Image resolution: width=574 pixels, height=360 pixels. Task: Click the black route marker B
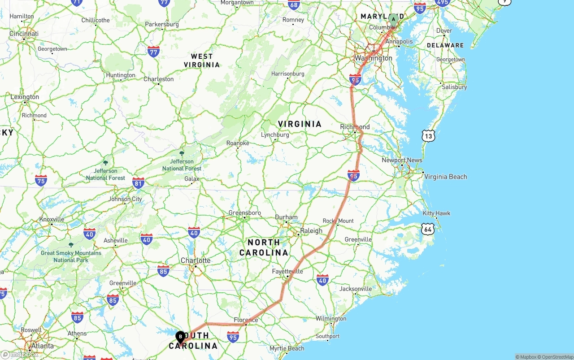(180, 337)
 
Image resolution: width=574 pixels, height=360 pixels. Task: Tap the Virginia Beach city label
(445, 177)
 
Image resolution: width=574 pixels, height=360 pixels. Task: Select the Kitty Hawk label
(436, 213)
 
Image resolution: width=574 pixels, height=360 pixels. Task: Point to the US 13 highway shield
(428, 136)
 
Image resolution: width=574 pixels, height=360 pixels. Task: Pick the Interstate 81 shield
(139, 182)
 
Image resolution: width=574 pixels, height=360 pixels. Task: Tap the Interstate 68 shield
(294, 5)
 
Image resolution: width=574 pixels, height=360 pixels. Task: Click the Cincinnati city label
(24, 34)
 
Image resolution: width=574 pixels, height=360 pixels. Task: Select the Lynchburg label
(275, 134)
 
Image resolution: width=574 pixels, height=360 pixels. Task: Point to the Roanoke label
(238, 143)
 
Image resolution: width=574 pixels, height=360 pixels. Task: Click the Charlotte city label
(196, 260)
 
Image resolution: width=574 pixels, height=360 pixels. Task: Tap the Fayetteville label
(287, 271)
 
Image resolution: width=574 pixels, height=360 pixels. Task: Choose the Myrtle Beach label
(287, 348)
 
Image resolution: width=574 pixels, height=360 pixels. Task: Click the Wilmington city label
(331, 319)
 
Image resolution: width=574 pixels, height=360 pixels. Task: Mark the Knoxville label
(52, 219)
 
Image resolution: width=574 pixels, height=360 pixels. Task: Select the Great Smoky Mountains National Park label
(71, 256)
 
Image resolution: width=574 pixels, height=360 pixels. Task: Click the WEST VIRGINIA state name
(202, 61)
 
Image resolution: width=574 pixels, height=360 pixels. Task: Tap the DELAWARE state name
(445, 45)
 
